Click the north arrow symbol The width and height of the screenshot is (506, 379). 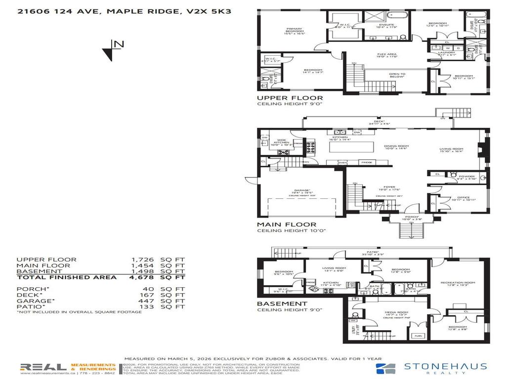pos(113,49)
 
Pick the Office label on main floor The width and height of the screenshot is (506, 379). pos(463,198)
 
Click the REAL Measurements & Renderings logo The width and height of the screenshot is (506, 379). pos(68,368)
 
